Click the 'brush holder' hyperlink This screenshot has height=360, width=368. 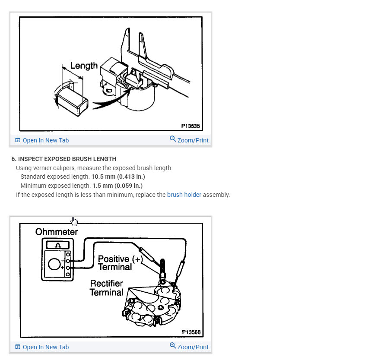click(x=184, y=195)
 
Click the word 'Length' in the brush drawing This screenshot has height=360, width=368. click(x=84, y=66)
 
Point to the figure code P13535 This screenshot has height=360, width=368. click(x=190, y=126)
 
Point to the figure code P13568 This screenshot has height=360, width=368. click(x=191, y=332)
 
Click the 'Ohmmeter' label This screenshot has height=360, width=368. click(x=57, y=232)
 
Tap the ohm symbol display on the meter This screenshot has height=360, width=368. click(x=58, y=245)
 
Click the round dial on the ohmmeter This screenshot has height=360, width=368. click(x=54, y=264)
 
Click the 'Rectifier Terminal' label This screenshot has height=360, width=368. click(x=106, y=288)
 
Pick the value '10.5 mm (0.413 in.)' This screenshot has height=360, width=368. click(x=118, y=177)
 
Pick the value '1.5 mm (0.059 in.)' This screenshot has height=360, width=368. click(x=117, y=186)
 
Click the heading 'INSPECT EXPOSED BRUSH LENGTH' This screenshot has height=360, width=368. click(x=67, y=159)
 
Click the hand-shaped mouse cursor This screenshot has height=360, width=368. click(x=74, y=221)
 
